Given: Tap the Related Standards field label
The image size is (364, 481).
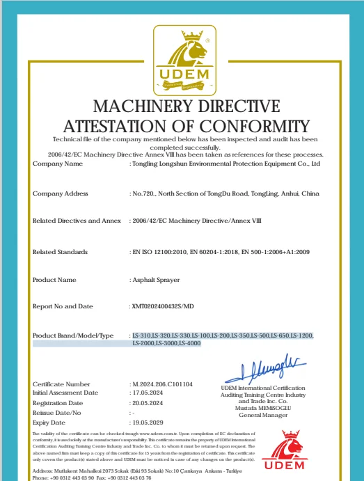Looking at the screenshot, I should tap(61, 251).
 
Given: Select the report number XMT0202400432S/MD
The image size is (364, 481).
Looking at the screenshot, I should tap(165, 306).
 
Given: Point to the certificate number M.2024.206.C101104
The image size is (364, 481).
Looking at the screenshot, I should tap(162, 384).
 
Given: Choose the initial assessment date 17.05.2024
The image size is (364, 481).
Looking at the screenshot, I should tap(150, 393).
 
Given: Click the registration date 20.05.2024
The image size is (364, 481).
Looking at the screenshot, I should tap(150, 402).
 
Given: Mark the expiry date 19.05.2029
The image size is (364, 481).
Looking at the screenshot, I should tap(150, 422).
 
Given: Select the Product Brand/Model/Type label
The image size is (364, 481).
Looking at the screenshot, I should tap(73, 336).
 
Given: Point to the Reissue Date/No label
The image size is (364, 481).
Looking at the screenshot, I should tap(57, 412).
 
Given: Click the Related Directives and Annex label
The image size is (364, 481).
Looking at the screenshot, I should tap(77, 221).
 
